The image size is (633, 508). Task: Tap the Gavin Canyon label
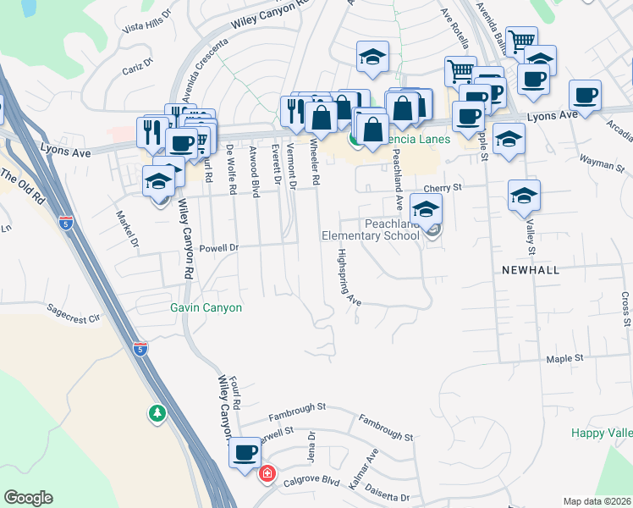(x=206, y=308)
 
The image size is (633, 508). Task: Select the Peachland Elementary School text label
(x=371, y=229)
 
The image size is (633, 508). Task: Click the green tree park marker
(x=157, y=413)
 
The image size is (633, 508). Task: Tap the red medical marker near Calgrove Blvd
(x=267, y=473)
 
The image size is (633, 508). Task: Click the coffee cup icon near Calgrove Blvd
(x=245, y=453)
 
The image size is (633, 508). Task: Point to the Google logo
(x=28, y=498)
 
